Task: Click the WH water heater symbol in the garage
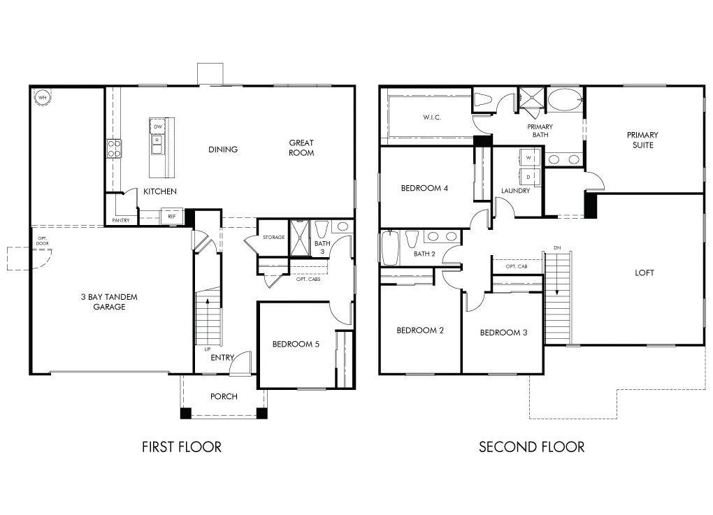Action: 42,97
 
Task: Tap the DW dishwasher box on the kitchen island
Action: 157,126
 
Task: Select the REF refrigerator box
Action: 172,217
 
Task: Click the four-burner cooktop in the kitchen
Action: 114,149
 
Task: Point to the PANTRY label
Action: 121,220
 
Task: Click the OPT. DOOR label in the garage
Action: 42,241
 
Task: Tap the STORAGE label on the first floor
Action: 274,238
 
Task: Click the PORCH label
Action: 224,396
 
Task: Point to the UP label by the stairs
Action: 208,349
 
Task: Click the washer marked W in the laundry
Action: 529,158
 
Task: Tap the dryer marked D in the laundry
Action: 529,176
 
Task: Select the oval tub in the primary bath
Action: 565,100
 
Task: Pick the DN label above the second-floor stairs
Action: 557,248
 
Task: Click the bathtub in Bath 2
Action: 390,248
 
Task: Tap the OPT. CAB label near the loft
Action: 517,266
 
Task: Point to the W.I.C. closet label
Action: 431,117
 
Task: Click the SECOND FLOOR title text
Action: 531,447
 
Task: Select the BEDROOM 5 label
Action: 296,344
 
